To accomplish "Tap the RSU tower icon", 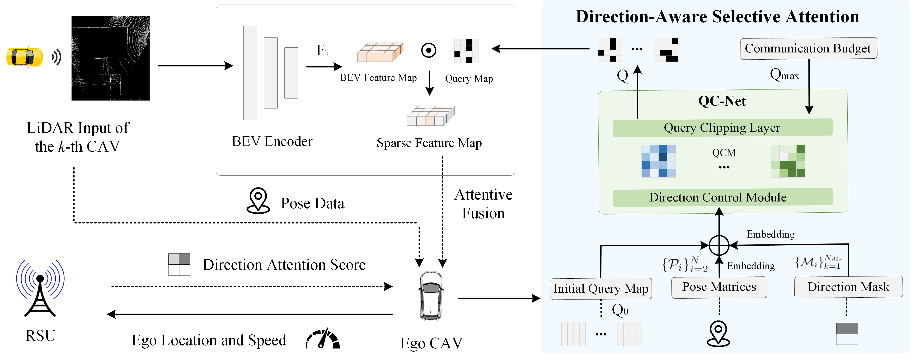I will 40,288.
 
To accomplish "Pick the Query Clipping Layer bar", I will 722,128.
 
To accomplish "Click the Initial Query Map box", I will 601,289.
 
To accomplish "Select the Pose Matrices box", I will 719,287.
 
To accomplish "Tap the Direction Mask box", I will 848,287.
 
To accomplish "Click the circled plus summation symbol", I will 719,245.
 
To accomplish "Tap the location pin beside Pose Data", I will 258,201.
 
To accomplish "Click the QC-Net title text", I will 722,101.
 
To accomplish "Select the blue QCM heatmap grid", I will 658,161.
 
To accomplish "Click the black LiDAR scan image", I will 110,58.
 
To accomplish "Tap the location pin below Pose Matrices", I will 718,333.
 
